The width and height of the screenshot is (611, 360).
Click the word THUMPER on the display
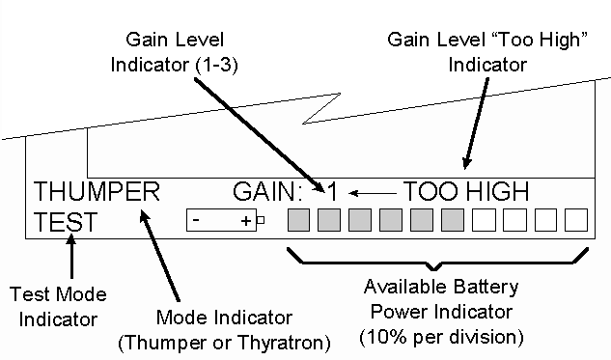tap(97, 191)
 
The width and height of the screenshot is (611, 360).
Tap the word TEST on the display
tap(65, 222)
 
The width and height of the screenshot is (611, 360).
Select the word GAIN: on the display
tap(267, 191)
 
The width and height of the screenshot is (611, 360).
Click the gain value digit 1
tap(332, 192)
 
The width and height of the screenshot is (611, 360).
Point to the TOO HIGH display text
tap(466, 191)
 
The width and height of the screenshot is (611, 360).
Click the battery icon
tap(225, 220)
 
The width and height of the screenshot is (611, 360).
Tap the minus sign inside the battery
tap(196, 220)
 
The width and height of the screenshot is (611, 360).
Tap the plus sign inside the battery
tap(246, 221)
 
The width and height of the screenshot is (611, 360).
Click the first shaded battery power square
tap(298, 220)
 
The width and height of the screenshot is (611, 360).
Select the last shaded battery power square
tap(453, 220)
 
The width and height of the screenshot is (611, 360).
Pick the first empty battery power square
tap(484, 220)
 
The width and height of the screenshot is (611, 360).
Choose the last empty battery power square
tap(576, 220)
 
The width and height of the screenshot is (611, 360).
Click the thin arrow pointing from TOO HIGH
tap(373, 193)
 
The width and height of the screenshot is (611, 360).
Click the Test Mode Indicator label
tap(58, 307)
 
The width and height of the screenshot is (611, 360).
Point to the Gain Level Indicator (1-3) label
tap(174, 52)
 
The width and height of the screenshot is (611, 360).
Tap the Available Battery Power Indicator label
tap(441, 299)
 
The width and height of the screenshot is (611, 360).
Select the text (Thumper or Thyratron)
tap(224, 343)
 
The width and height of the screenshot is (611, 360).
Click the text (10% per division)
tap(441, 337)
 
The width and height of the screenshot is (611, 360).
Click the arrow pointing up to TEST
tap(71, 256)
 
